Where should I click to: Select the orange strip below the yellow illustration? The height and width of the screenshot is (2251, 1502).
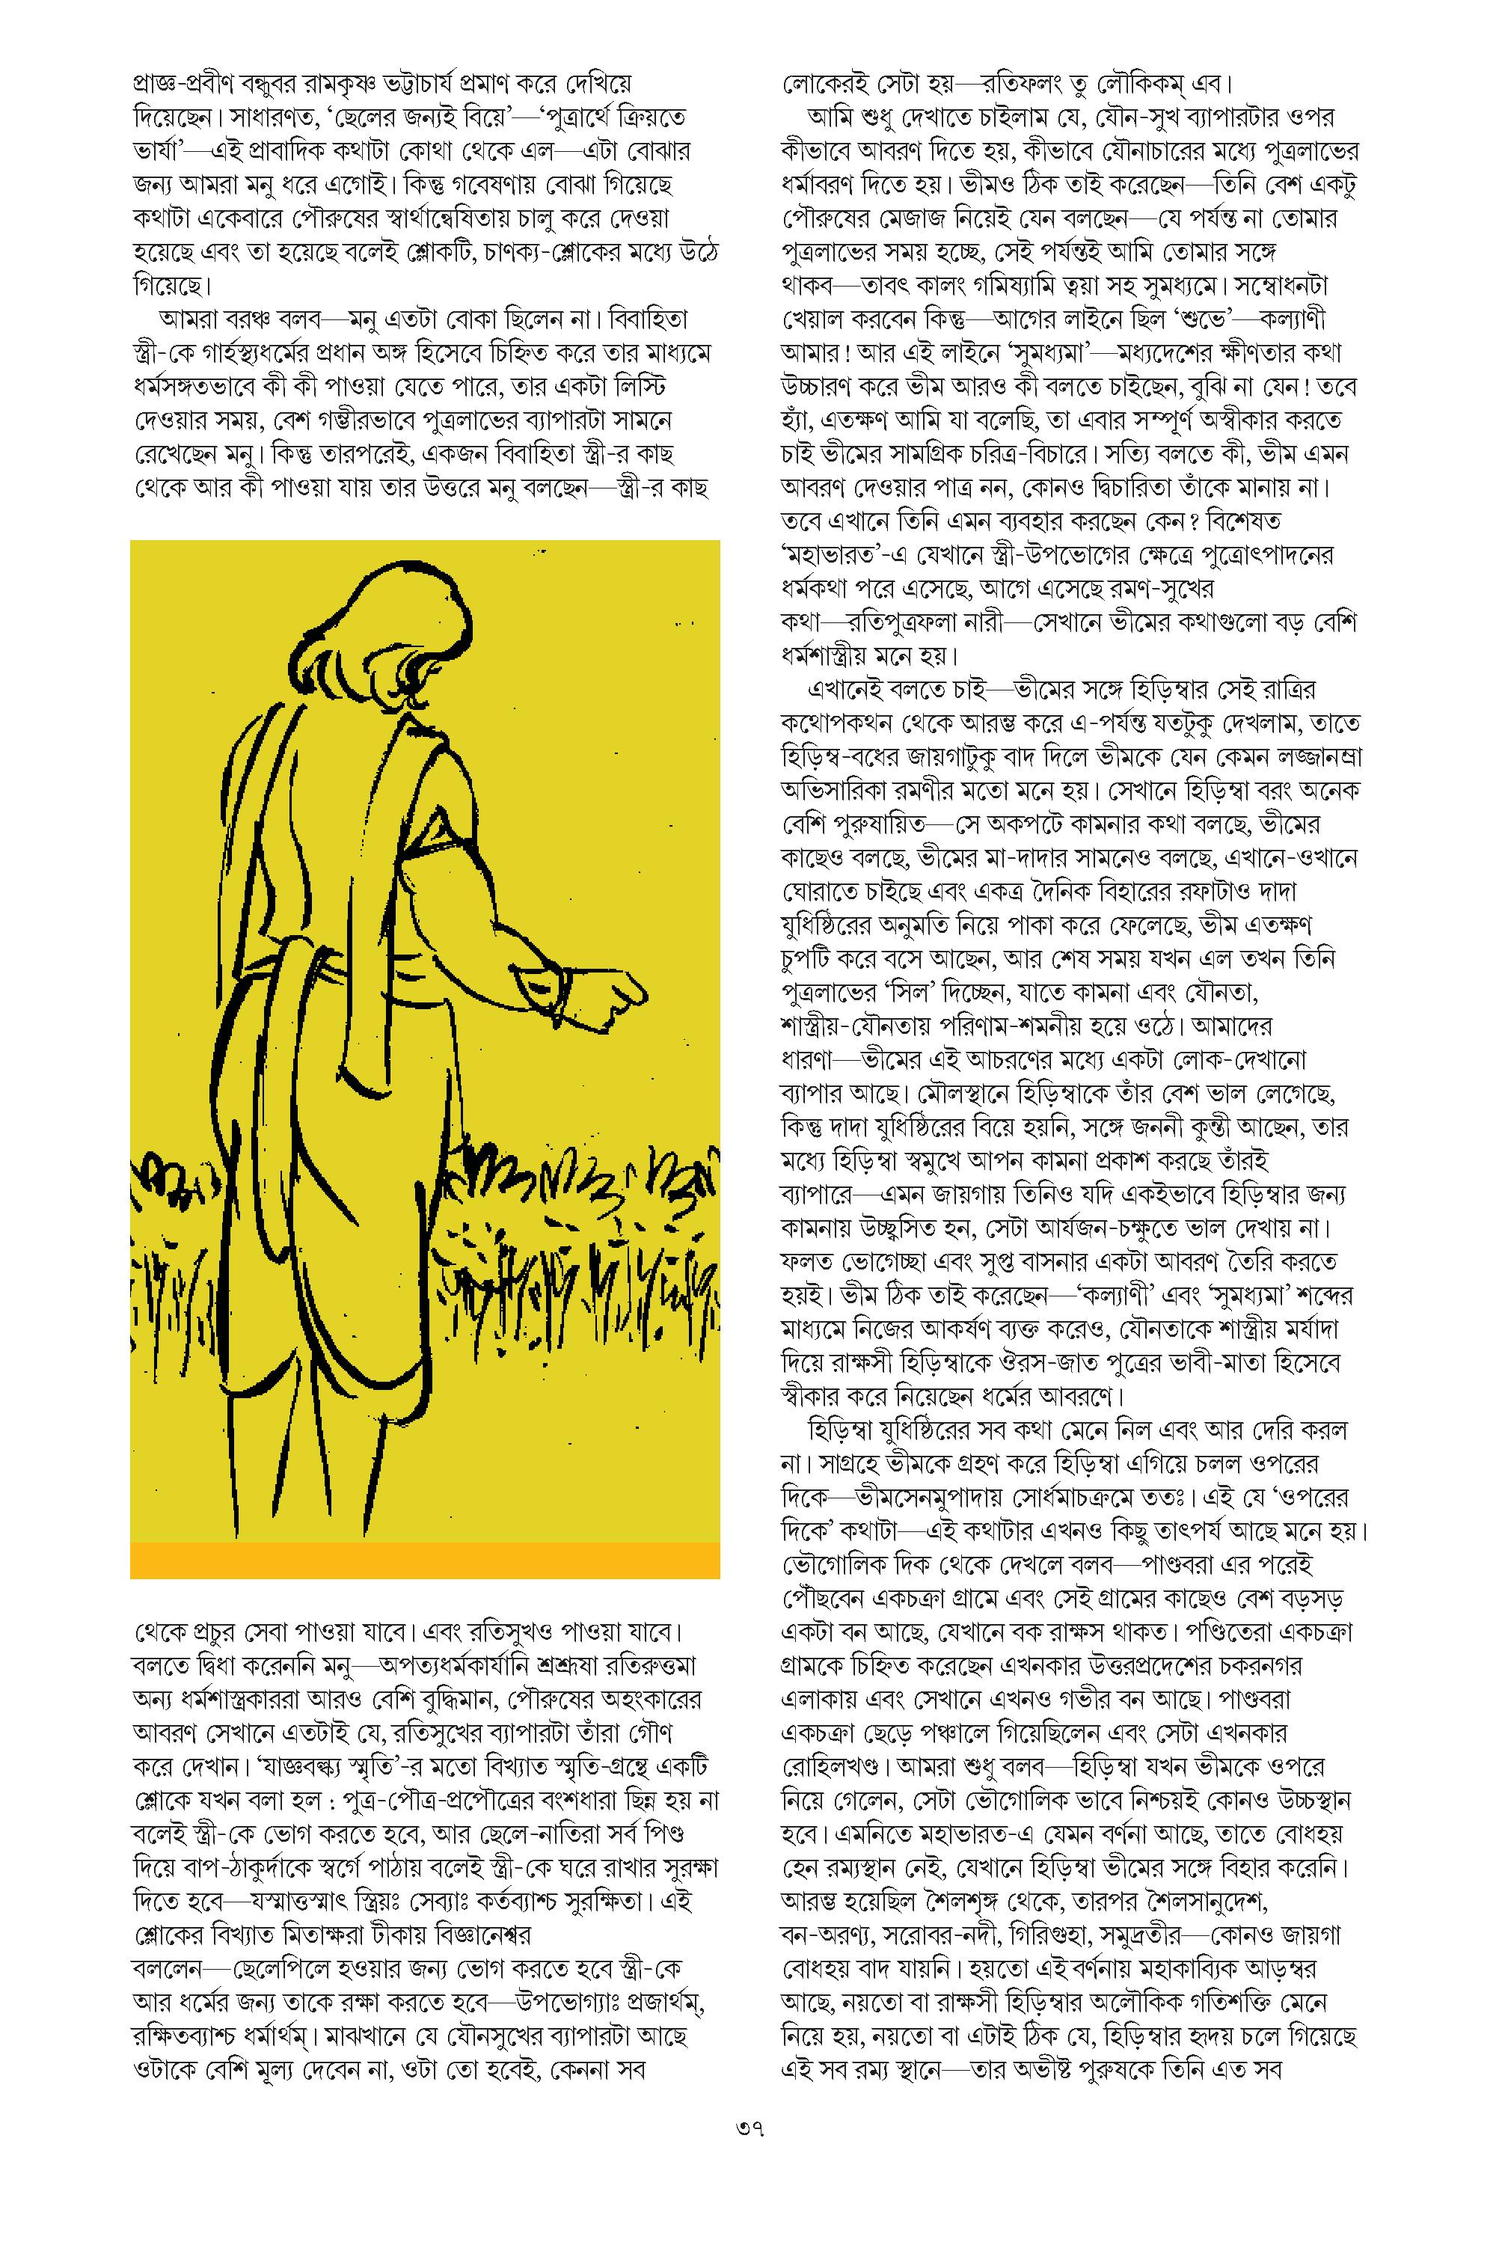click(x=424, y=1560)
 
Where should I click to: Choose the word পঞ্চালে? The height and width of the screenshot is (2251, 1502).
click(x=1008, y=1732)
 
